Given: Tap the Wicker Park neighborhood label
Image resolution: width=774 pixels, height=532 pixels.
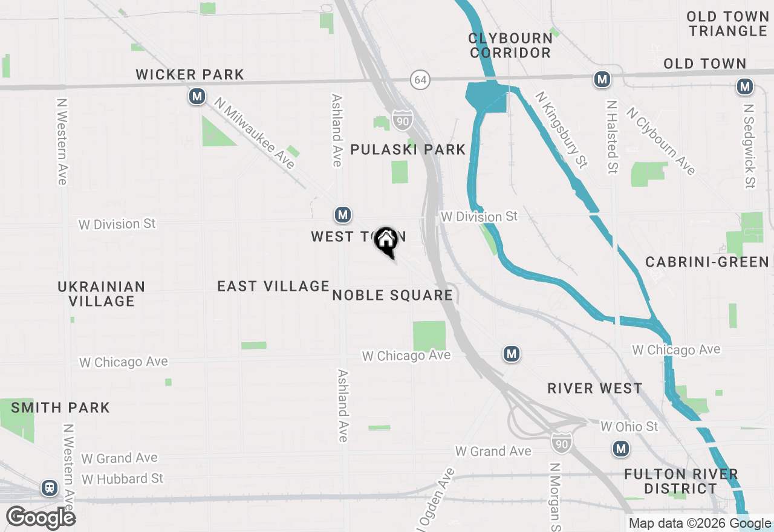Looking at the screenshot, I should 190,74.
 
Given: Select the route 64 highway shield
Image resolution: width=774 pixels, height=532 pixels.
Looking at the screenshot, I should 420,79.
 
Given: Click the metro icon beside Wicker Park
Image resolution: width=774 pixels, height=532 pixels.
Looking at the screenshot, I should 197,96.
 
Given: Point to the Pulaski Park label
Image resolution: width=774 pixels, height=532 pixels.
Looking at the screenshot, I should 408,149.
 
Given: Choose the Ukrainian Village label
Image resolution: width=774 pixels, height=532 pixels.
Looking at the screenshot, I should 102,293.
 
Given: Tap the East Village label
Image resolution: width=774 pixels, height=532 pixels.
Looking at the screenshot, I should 273,286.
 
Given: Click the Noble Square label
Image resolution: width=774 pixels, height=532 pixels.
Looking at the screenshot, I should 392,295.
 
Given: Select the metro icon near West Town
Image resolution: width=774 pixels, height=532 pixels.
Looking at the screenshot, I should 343,214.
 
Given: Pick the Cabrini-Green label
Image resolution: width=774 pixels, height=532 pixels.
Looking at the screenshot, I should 707,262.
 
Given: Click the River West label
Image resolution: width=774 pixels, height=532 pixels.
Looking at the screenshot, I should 594,388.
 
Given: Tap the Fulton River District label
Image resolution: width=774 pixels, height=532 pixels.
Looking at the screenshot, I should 681,481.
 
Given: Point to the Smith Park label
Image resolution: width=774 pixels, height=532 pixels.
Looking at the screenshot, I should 60,407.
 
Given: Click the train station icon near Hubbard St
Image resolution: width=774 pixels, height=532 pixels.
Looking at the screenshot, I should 50,487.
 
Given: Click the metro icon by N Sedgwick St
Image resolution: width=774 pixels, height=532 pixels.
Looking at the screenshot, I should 744,87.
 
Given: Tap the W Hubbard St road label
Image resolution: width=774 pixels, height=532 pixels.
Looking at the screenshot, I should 123,479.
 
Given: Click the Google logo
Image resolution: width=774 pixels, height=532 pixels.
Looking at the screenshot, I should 41,517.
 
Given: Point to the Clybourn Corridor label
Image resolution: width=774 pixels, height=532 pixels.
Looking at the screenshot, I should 510,45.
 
